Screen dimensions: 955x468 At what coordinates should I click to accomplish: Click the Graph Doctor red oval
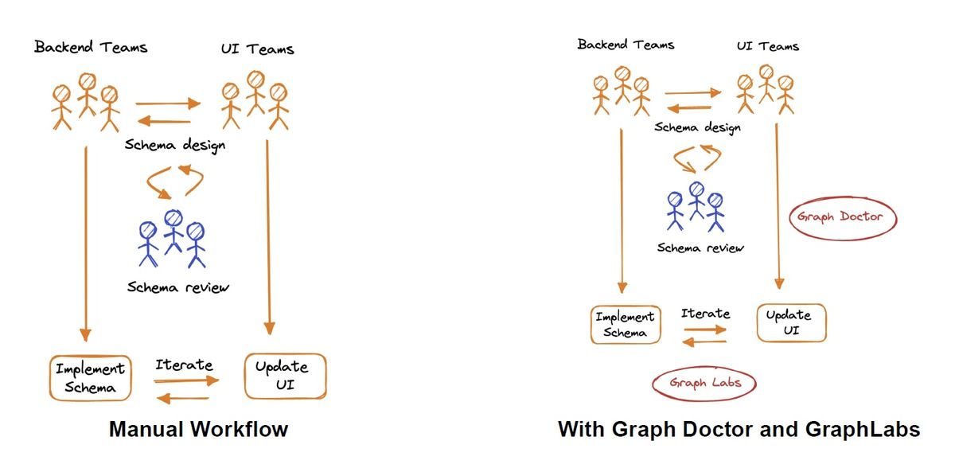(x=790, y=217)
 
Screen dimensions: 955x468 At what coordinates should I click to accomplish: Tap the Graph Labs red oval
(x=653, y=383)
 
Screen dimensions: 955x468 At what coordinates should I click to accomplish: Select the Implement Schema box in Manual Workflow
(x=50, y=378)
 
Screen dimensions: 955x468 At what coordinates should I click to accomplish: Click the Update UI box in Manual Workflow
(x=246, y=376)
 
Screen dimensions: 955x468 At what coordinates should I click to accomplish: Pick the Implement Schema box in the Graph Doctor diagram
(x=591, y=325)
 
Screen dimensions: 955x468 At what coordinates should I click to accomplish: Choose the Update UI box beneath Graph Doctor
(x=758, y=322)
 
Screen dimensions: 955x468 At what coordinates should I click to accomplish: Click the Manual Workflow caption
(x=199, y=429)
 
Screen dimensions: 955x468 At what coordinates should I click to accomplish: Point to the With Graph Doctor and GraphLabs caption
(x=739, y=429)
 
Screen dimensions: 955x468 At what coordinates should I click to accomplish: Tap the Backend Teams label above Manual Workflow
(x=91, y=46)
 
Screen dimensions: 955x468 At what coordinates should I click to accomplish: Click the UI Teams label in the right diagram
(x=768, y=45)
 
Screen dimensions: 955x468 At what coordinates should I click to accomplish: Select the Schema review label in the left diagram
(x=178, y=287)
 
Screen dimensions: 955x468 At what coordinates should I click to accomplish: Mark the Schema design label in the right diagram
(x=697, y=127)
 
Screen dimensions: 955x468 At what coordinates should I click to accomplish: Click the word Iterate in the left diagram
(x=184, y=365)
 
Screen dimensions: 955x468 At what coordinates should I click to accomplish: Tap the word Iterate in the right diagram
(x=705, y=314)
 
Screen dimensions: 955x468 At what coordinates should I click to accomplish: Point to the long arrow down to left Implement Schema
(x=86, y=244)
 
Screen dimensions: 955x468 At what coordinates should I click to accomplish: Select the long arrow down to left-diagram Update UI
(x=268, y=237)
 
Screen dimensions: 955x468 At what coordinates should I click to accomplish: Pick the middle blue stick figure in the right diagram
(x=696, y=201)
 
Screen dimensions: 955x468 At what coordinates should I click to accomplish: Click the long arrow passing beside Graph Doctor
(x=778, y=206)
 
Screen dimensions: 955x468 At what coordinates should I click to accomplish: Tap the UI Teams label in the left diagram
(x=258, y=49)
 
